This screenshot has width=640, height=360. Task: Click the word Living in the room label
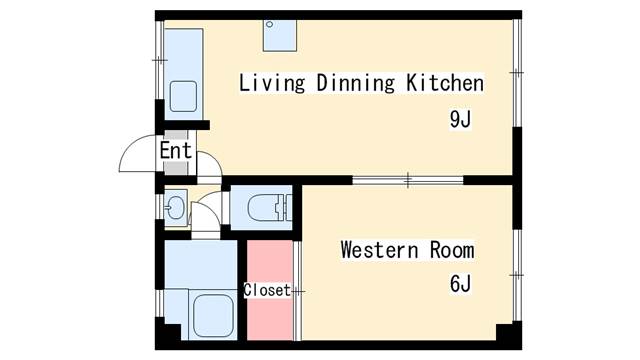pos(272,83)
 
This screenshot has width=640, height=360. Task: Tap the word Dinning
pos(356,83)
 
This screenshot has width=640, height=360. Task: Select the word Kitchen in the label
pos(445,83)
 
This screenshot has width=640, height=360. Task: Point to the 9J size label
pos(460,119)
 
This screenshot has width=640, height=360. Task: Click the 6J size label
pos(460,283)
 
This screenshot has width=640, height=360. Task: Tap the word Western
pos(380,250)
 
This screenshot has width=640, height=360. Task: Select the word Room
pos(452,250)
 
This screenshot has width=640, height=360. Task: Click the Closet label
pos(267,290)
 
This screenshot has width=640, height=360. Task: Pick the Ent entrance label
pos(176,150)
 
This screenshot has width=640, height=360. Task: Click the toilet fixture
pos(269,207)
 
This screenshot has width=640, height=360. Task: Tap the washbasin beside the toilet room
pos(176,207)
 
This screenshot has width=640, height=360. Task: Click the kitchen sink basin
pos(183,96)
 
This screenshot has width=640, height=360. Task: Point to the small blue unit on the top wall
pos(280,36)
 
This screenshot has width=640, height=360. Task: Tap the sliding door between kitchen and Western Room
pos(408,180)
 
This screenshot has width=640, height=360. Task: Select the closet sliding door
pos(298,291)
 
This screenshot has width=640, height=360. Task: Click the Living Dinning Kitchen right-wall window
pos(517,73)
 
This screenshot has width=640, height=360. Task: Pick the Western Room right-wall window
pos(517,276)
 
